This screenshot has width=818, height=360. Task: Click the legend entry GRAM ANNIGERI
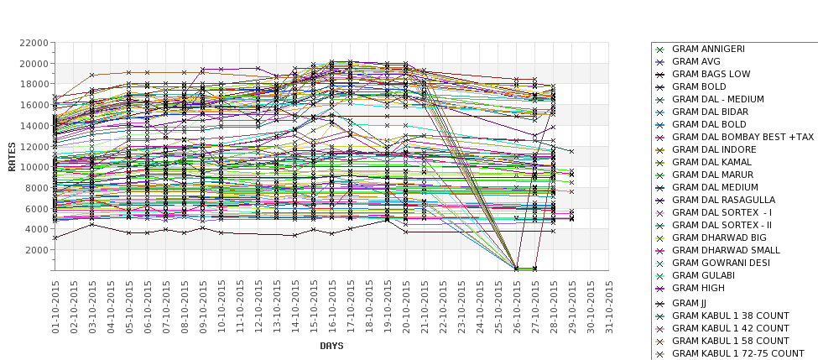(708, 49)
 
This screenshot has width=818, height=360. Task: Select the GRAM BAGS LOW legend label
(711, 74)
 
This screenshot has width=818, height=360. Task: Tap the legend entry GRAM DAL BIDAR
(709, 112)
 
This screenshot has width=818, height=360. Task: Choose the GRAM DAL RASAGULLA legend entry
(723, 200)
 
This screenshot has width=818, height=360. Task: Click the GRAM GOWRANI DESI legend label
(721, 263)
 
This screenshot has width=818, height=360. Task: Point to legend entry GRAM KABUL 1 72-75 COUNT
(737, 353)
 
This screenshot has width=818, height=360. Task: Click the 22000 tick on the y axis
(32, 43)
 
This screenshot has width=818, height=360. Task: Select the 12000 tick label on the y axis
(32, 146)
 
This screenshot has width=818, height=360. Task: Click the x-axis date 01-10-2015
(56, 307)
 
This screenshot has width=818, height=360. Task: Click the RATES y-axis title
(12, 156)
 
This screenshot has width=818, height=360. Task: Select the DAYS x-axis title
(331, 345)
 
